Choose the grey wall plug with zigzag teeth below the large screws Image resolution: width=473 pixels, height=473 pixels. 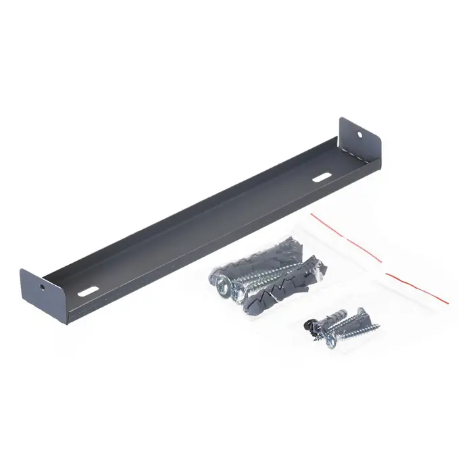coord(270,294)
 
